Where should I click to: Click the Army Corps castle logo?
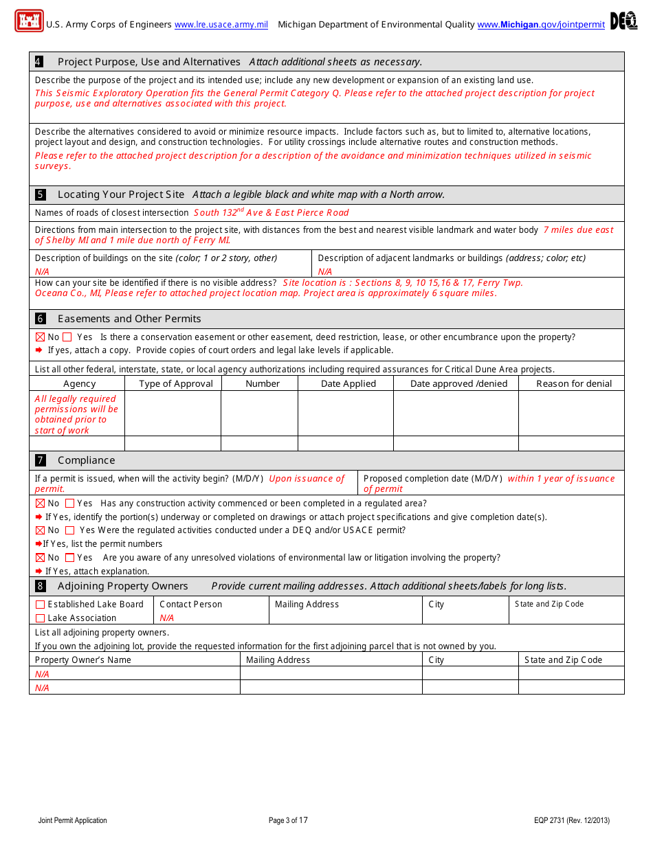29,21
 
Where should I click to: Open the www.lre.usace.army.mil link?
221,25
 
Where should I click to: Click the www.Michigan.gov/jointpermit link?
541,25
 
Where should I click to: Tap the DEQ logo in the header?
623,21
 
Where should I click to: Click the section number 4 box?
39,62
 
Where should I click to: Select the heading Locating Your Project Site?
120,194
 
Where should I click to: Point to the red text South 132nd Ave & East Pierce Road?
271,213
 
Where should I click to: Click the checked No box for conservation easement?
40,337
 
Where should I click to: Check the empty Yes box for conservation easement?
67,337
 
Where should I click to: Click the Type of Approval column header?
176,384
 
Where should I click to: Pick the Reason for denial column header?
574,384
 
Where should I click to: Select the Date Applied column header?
348,384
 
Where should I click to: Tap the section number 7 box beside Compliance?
41,460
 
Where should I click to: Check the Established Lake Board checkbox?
40,605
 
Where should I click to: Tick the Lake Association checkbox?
40,618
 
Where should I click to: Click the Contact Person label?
190,605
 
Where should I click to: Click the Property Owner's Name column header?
82,660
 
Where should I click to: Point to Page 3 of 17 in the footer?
288,820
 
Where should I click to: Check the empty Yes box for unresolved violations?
69,558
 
